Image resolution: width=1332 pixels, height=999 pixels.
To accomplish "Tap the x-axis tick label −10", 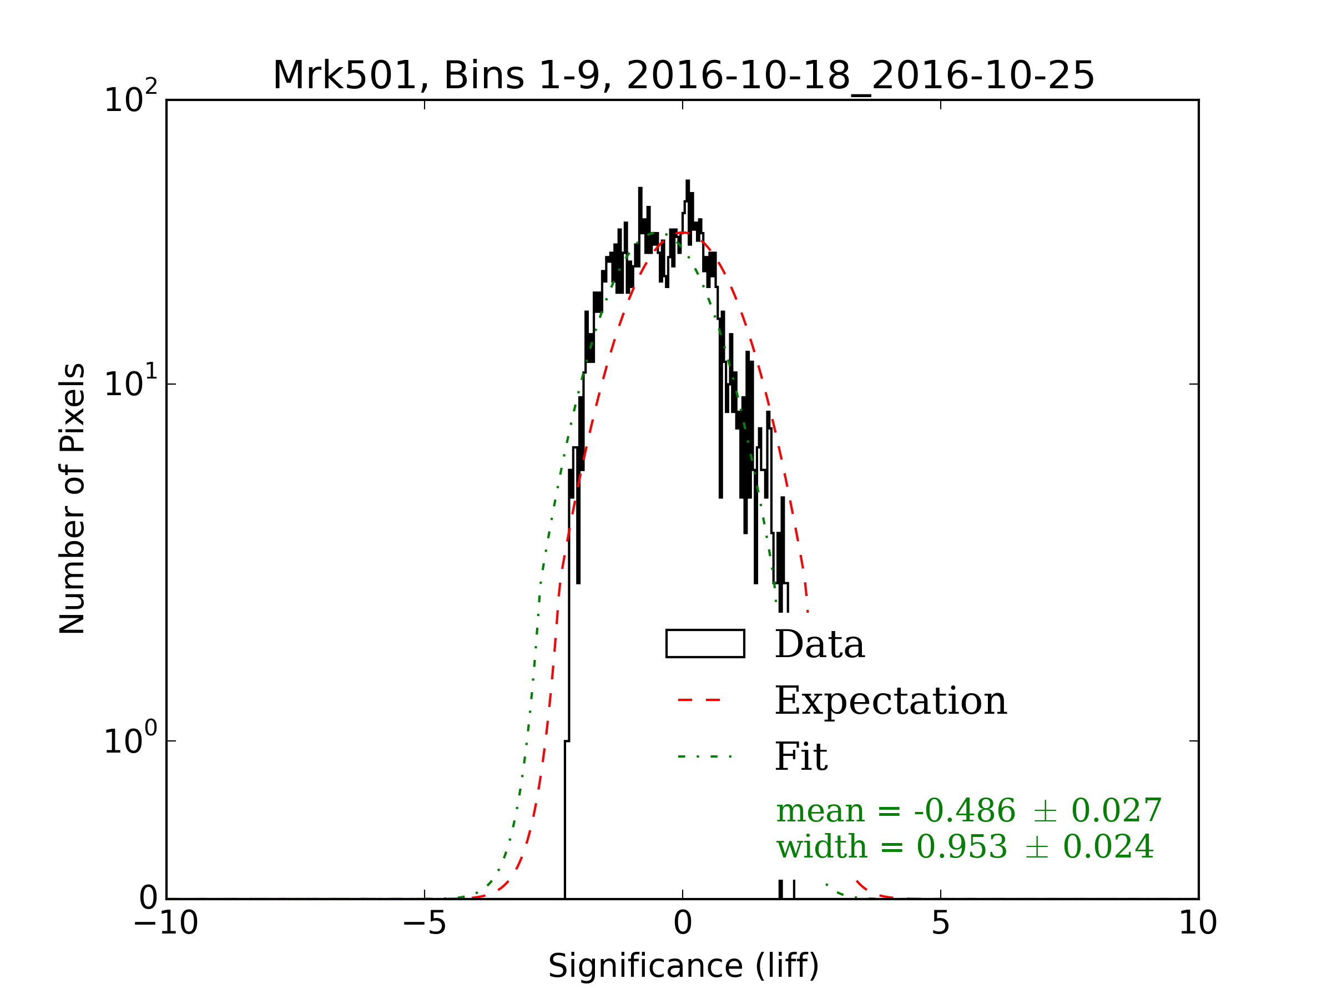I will (x=166, y=922).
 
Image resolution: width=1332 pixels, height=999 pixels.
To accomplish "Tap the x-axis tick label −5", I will (x=425, y=922).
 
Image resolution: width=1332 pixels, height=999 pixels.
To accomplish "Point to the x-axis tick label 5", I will (x=941, y=922).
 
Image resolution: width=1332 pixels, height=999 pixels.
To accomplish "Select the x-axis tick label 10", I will (x=1198, y=922).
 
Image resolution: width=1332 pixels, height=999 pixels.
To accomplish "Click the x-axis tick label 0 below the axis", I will (x=683, y=922).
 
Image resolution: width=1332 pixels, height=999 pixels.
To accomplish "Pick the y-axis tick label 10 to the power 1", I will (x=130, y=382).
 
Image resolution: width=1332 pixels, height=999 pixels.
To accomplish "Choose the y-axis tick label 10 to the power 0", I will (x=130, y=739).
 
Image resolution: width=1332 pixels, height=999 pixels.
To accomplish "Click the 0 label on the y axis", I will (x=148, y=899).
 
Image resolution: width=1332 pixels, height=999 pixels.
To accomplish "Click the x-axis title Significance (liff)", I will (x=683, y=966).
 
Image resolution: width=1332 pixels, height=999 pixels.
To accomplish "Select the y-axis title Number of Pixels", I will (x=72, y=498).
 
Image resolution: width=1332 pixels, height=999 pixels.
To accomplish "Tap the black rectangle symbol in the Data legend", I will (x=705, y=644).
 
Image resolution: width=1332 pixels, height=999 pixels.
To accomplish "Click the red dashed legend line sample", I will (x=699, y=700).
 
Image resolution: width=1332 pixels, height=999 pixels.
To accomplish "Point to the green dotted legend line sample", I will (x=704, y=756).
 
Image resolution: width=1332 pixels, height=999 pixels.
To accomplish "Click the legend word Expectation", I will (x=891, y=701).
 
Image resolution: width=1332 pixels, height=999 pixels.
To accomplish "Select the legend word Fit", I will (x=801, y=757).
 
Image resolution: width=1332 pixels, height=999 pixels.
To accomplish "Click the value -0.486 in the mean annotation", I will (x=964, y=810).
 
